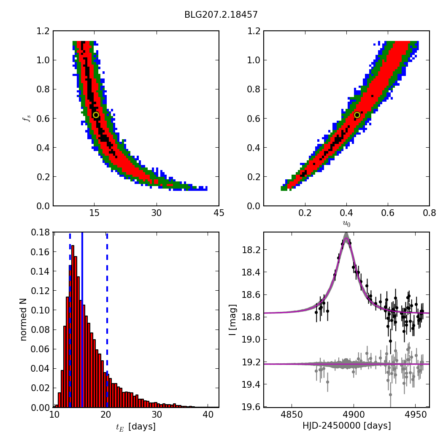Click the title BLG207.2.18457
(x=221, y=15)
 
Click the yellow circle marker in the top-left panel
(x=96, y=115)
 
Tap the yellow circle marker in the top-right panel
(x=357, y=115)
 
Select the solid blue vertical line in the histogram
(x=82, y=321)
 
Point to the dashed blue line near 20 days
(x=107, y=321)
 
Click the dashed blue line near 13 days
(x=70, y=321)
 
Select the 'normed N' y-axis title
(x=24, y=319)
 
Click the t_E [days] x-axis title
(x=136, y=427)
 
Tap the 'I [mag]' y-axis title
(x=232, y=320)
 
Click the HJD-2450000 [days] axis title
(x=346, y=426)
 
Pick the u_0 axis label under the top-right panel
(x=346, y=223)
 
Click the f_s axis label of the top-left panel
(x=27, y=119)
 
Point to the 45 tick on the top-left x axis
(x=219, y=213)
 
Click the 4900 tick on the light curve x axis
(x=354, y=415)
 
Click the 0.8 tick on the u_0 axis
(x=429, y=213)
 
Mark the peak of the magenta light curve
(x=346, y=238)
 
